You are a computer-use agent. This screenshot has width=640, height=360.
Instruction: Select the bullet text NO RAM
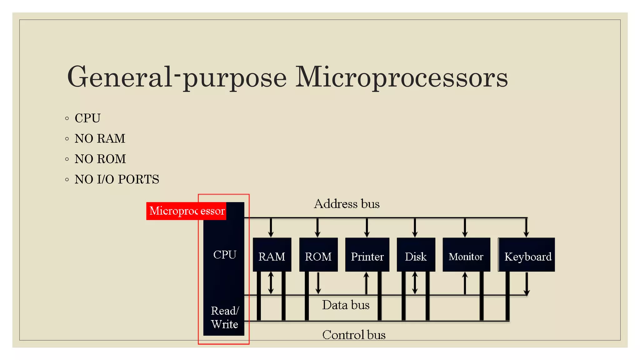click(x=100, y=138)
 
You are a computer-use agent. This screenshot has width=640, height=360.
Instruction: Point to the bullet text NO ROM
click(x=100, y=159)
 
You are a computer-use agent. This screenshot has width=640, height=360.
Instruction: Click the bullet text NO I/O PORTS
click(x=117, y=179)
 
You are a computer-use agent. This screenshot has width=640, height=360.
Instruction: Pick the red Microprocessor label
click(x=187, y=211)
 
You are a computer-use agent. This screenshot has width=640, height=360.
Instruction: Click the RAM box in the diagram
click(x=272, y=255)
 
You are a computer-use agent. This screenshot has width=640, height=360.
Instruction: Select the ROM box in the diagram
click(x=318, y=255)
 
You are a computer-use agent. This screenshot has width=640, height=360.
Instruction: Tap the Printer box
click(x=367, y=255)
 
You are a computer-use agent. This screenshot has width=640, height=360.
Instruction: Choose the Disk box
click(x=416, y=255)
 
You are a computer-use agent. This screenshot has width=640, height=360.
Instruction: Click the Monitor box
click(x=466, y=255)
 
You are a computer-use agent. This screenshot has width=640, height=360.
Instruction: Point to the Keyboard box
click(x=527, y=255)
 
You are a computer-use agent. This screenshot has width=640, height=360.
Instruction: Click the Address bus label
click(x=347, y=204)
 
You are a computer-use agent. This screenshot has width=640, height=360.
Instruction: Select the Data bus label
click(x=346, y=305)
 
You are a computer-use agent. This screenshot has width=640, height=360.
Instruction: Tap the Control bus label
click(x=354, y=335)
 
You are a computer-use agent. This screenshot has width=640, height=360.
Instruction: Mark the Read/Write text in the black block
click(x=225, y=317)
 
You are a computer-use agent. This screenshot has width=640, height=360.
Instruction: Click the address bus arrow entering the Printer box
click(x=367, y=227)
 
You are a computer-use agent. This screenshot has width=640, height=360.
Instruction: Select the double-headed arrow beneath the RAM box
click(x=271, y=283)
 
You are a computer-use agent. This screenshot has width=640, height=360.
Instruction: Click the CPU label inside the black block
click(x=225, y=255)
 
